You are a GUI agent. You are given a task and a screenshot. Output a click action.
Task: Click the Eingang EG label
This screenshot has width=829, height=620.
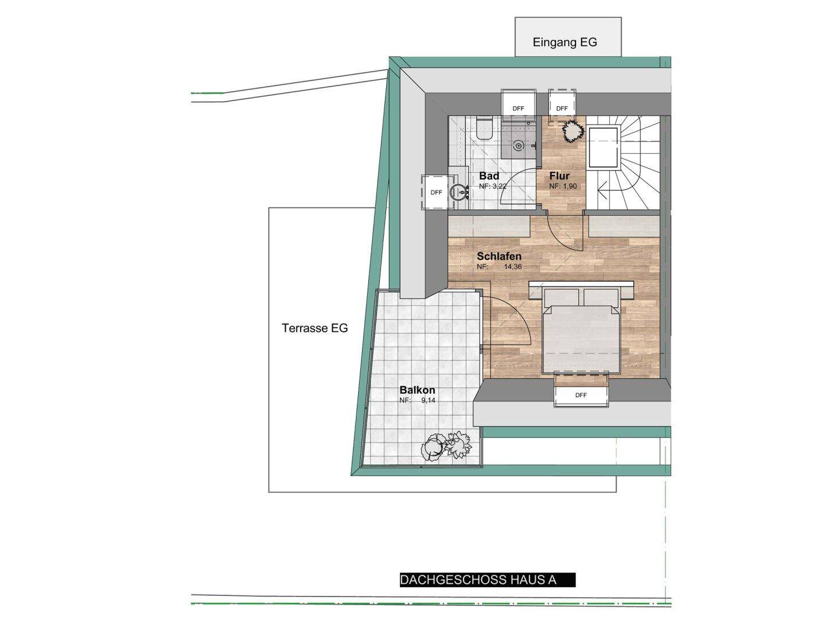click(x=565, y=42)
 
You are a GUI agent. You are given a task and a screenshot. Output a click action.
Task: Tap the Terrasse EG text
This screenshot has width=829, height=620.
click(x=314, y=328)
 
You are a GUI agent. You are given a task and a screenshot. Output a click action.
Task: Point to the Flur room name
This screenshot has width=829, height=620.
click(x=559, y=176)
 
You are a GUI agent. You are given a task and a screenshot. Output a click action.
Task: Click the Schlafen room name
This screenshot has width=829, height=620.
click(x=499, y=256)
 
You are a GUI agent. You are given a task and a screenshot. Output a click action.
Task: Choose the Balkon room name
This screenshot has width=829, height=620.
click(x=417, y=390)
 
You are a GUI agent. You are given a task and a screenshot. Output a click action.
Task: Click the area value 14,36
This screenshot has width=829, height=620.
click(x=512, y=267)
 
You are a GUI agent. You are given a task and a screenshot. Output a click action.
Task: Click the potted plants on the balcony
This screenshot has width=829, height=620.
click(x=446, y=447)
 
